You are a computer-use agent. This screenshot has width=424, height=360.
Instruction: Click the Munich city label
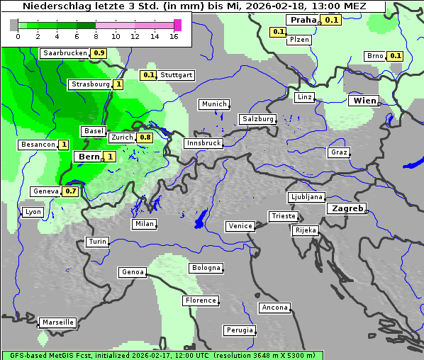(214, 104)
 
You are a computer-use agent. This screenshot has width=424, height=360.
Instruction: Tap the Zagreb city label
(347, 209)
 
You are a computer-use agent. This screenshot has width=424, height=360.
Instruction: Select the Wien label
(364, 101)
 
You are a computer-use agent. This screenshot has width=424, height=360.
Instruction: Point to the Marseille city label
(57, 322)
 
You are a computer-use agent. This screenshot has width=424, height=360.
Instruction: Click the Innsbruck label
(203, 143)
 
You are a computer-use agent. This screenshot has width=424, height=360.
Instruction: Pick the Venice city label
(240, 226)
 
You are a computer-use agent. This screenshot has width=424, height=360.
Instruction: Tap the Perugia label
(239, 330)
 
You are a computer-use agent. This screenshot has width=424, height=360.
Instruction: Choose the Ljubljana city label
(306, 197)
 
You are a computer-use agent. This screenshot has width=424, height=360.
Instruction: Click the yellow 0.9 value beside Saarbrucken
(99, 53)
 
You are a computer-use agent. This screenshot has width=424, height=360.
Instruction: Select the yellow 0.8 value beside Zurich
(145, 137)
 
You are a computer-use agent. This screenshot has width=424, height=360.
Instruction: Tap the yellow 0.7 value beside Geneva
(71, 191)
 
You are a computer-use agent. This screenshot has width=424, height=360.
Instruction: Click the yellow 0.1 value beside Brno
(396, 56)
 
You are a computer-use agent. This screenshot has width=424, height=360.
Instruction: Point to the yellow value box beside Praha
(332, 21)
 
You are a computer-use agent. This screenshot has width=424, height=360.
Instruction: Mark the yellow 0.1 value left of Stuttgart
(148, 74)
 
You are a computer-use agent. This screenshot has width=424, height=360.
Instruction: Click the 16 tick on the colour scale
(174, 36)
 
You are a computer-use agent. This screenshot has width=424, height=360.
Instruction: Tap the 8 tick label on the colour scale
(96, 36)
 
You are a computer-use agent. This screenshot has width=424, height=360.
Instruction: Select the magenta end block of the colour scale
(177, 26)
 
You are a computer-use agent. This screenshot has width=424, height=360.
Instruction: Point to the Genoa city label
(133, 272)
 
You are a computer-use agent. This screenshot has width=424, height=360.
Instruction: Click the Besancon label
(38, 145)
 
